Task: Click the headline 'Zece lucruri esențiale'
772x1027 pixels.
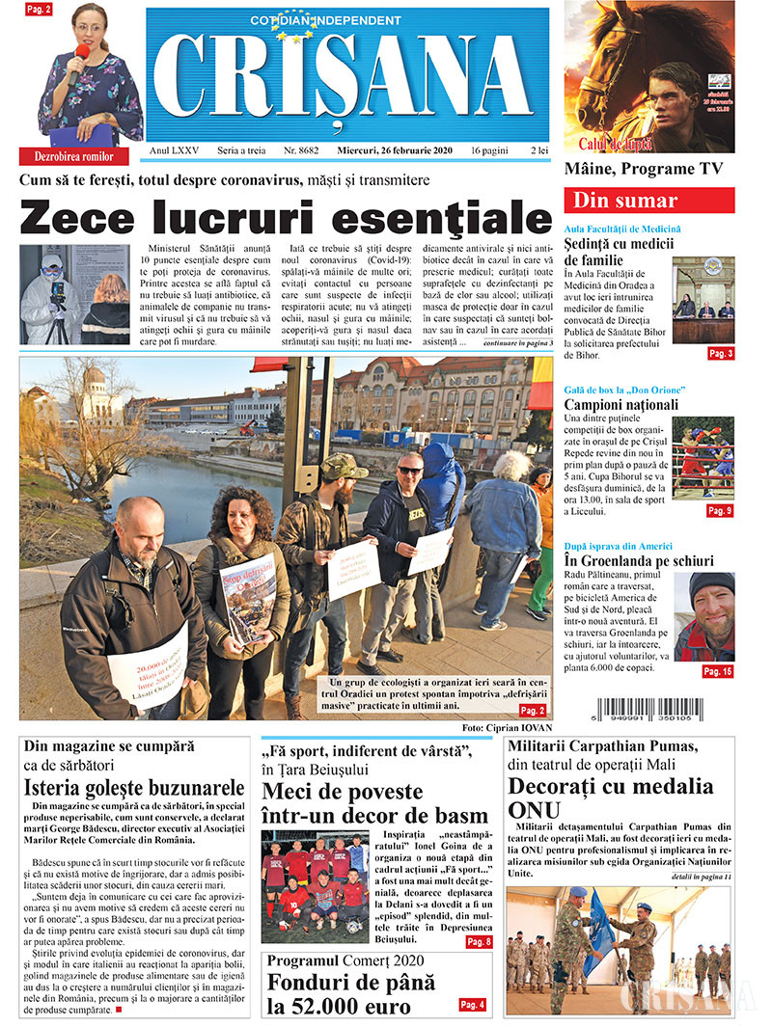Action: pyautogui.click(x=286, y=216)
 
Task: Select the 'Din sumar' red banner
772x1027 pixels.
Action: pyautogui.click(x=649, y=201)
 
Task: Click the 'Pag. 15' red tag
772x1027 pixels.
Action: pyautogui.click(x=717, y=671)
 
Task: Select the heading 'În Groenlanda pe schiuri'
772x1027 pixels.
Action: pyautogui.click(x=639, y=560)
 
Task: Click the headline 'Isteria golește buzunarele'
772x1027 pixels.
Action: pyautogui.click(x=134, y=787)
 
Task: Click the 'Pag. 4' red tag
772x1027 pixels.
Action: pyautogui.click(x=472, y=1005)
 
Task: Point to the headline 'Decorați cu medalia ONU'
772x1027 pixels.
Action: pyautogui.click(x=612, y=797)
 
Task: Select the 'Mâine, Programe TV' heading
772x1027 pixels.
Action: pyautogui.click(x=644, y=169)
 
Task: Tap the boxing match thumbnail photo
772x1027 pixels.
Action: pyautogui.click(x=703, y=457)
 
